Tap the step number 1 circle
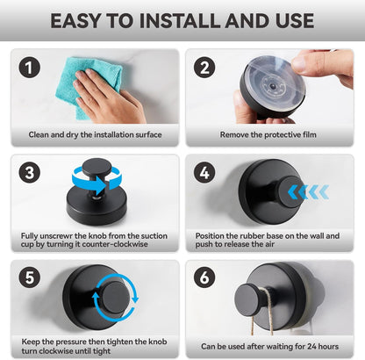tap(29, 68)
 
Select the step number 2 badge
tap(204, 68)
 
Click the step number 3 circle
tap(29, 173)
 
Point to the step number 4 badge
tap(204, 173)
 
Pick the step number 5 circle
tap(29, 277)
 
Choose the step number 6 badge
tap(204, 277)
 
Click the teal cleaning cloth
tap(88, 88)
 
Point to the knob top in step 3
tap(97, 168)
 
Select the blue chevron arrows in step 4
tap(308, 192)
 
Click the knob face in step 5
tap(116, 298)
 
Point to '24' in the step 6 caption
tap(311, 347)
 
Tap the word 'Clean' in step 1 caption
tap(39, 134)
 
